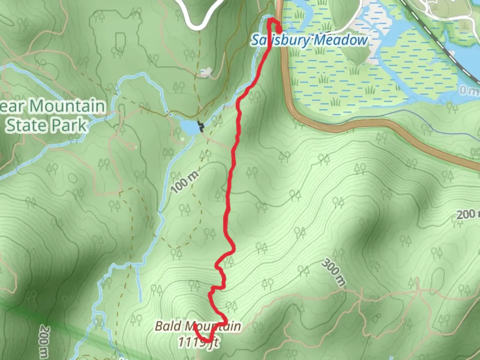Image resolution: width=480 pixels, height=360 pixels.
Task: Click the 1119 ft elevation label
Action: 198,342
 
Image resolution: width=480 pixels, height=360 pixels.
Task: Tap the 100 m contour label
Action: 184,182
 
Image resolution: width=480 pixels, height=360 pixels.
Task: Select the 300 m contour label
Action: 334,272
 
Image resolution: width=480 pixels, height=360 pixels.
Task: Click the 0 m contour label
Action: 468,90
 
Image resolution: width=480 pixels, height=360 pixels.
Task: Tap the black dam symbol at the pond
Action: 201,126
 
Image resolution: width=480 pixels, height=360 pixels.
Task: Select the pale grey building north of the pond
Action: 206,72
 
